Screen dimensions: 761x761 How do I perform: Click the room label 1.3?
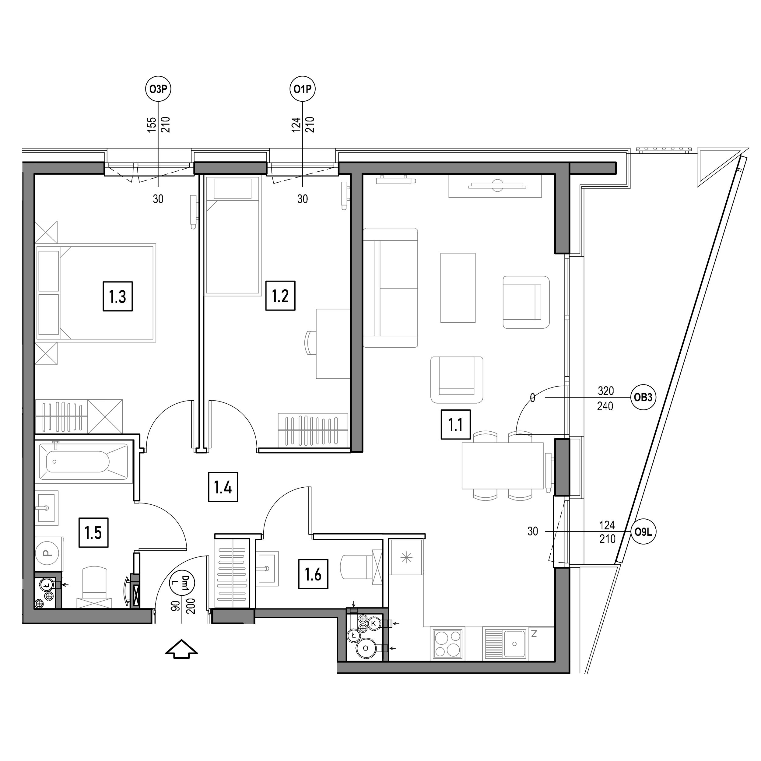click(x=117, y=296)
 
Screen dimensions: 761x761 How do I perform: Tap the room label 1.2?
click(x=280, y=295)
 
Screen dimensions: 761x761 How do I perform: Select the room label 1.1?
click(x=455, y=424)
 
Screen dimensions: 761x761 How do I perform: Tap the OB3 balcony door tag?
click(x=643, y=398)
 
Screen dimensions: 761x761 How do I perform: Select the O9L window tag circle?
click(x=643, y=532)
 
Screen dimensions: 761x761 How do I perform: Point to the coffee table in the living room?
click(x=458, y=288)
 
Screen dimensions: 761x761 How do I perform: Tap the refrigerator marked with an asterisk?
click(x=406, y=557)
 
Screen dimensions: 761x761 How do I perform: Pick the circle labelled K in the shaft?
click(x=374, y=623)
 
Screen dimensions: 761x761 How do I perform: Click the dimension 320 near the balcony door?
click(x=606, y=391)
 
